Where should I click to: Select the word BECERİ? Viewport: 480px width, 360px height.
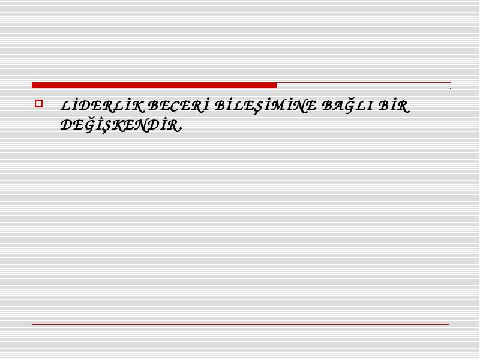tap(178, 106)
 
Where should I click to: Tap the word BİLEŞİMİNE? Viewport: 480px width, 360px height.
tap(265, 107)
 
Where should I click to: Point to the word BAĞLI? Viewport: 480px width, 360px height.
tap(347, 106)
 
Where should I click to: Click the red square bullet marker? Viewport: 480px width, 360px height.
tap(38, 103)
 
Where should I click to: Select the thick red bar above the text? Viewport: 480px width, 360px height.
tap(154, 85)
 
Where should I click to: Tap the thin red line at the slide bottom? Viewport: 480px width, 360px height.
tap(241, 324)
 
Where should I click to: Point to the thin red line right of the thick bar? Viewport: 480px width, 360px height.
tap(364, 83)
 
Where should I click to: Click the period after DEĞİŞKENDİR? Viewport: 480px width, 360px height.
tap(181, 130)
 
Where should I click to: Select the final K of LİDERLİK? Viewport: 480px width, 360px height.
tap(137, 107)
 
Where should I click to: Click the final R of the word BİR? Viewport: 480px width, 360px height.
tap(403, 107)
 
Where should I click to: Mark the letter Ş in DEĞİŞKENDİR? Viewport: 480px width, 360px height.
tap(106, 126)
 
